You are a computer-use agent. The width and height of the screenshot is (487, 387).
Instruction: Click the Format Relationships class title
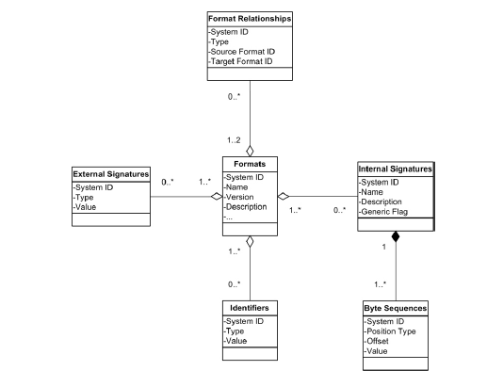tap(250, 18)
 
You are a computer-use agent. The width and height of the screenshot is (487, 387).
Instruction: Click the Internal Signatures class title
tap(395, 169)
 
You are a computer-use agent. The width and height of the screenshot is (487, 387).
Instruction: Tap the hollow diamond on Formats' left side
tap(215, 196)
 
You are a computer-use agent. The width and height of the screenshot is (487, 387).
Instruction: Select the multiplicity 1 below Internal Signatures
tap(383, 247)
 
